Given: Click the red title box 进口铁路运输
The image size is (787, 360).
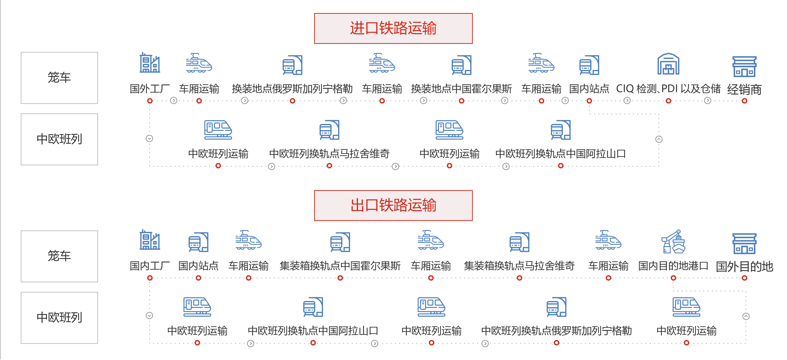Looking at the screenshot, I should pos(393,28).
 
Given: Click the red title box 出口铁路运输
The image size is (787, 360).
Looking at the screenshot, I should pos(393,206).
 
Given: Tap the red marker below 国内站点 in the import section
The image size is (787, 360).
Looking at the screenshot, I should pos(589,101).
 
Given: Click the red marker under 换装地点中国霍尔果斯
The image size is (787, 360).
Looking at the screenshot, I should pos(462,101).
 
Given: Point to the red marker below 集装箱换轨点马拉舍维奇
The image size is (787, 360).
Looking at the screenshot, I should pos(519,278).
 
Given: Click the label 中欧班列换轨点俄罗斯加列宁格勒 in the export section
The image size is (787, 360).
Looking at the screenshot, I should pos(556,331).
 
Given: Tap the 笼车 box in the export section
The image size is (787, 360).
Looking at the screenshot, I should pos(59,256).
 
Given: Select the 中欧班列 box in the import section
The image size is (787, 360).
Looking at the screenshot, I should pos(59,139).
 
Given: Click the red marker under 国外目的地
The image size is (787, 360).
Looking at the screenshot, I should pos(744,278).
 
